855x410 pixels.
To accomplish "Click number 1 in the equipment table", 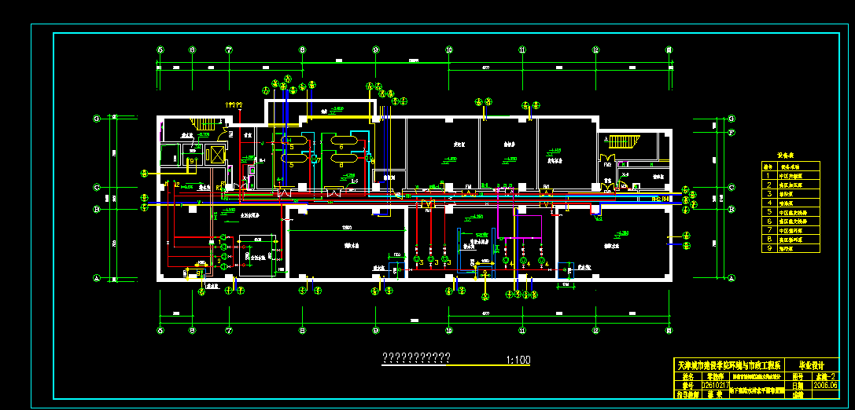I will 768,176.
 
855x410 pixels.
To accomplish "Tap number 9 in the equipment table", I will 768,248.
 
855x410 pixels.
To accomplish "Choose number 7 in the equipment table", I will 768,230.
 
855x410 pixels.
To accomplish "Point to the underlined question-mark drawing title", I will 415,358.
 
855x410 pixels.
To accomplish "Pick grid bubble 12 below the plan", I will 595,330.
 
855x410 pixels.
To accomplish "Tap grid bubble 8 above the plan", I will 302,49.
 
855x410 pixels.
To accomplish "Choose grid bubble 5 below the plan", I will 160,330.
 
